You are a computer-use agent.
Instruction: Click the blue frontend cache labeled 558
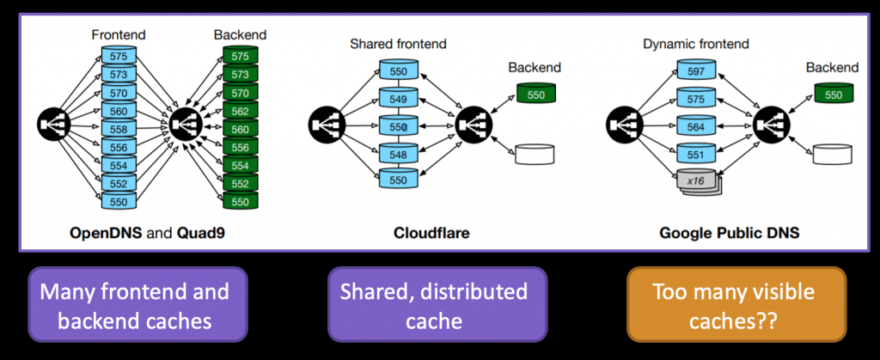point(119,127)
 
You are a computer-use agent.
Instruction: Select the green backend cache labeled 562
point(240,111)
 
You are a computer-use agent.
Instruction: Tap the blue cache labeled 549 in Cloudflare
point(398,100)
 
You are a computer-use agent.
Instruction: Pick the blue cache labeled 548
point(398,155)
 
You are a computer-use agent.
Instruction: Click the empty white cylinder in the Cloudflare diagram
point(535,156)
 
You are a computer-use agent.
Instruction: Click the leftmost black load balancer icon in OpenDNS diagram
point(53,126)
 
